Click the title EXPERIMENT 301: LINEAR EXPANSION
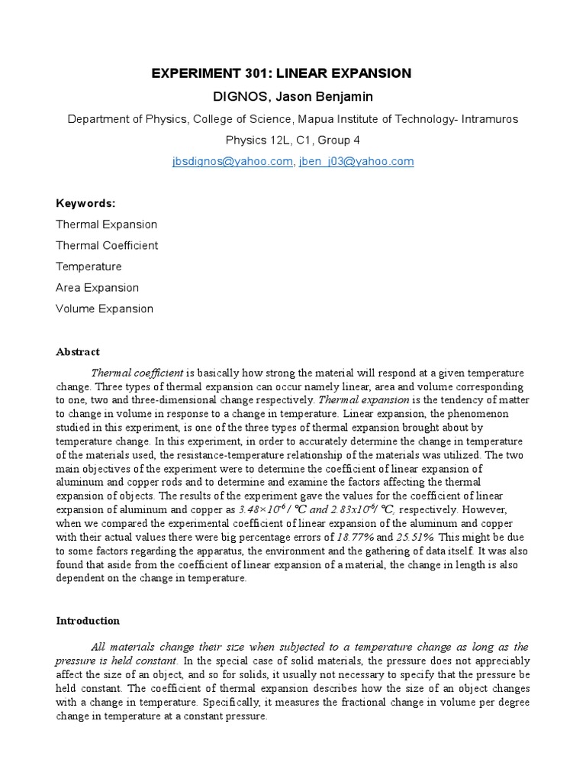[282, 73]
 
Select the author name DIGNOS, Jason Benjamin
[282, 96]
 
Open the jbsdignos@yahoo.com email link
[232, 161]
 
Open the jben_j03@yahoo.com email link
[356, 161]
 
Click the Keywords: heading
[85, 203]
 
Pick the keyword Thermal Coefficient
[107, 245]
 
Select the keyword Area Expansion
[98, 288]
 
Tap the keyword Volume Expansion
[105, 309]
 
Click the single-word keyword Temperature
[89, 267]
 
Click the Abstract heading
[78, 352]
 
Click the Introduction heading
[88, 621]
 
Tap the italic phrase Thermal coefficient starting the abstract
[137, 373]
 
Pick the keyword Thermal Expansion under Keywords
[107, 225]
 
